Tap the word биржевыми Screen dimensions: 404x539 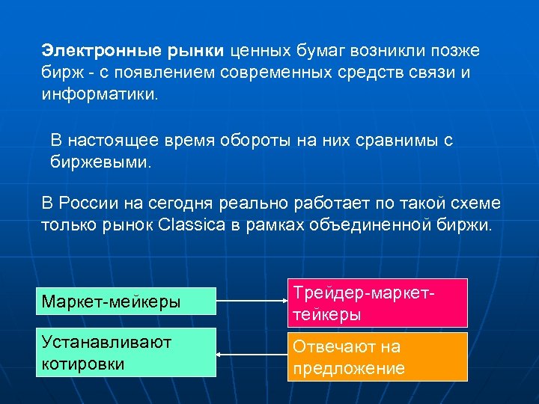pos(100,161)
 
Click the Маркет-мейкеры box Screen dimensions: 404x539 pos(126,303)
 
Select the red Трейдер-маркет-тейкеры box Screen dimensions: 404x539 pos(377,303)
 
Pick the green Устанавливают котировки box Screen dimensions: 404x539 pos(126,352)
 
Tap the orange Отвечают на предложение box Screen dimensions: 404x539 pos(377,357)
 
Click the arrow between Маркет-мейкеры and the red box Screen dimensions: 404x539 pos(252,303)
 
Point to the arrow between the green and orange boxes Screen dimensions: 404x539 pos(252,355)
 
